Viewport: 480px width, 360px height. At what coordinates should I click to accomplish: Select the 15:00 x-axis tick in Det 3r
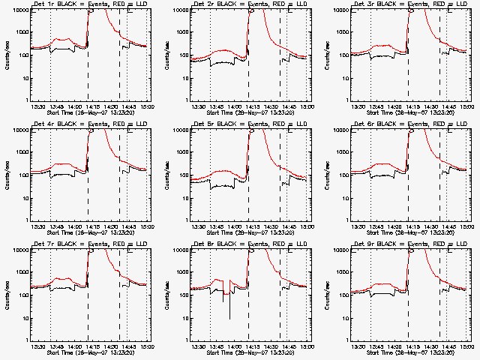pyautogui.click(x=471, y=106)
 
